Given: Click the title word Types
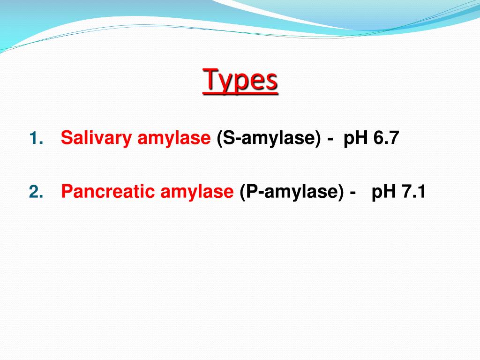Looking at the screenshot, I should click(240, 81).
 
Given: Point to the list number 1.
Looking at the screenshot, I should click(36, 139).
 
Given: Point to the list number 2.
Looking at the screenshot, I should click(36, 192).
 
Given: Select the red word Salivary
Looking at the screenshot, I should click(97, 139).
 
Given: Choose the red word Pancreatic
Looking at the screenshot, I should click(108, 192).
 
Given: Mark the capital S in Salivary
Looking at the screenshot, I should click(66, 138).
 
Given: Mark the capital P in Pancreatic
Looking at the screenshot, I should click(67, 192).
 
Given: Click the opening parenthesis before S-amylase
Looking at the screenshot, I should click(219, 139).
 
